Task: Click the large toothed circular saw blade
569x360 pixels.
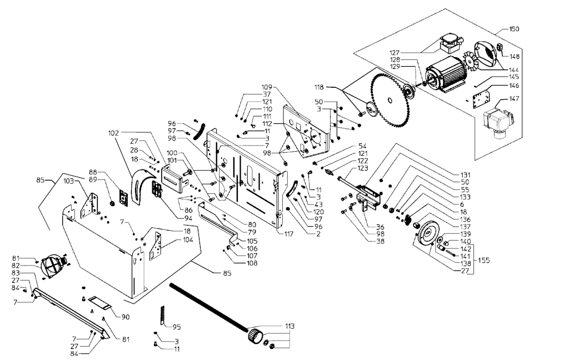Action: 391,100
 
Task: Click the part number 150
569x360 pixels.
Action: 514,29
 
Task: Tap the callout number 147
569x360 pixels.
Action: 514,99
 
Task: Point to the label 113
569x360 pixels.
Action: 289,326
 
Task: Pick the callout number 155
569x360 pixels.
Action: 484,260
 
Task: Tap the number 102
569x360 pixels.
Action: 113,133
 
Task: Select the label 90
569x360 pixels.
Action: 125,317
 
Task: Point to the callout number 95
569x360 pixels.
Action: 176,327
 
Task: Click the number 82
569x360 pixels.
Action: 16,266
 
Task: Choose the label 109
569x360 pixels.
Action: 267,87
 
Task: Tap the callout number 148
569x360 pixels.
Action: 514,57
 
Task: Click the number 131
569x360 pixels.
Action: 465,175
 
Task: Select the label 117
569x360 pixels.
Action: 288,234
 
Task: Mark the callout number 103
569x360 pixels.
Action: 68,181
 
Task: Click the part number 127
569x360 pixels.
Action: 395,53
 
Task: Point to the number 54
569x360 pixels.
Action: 362,146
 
